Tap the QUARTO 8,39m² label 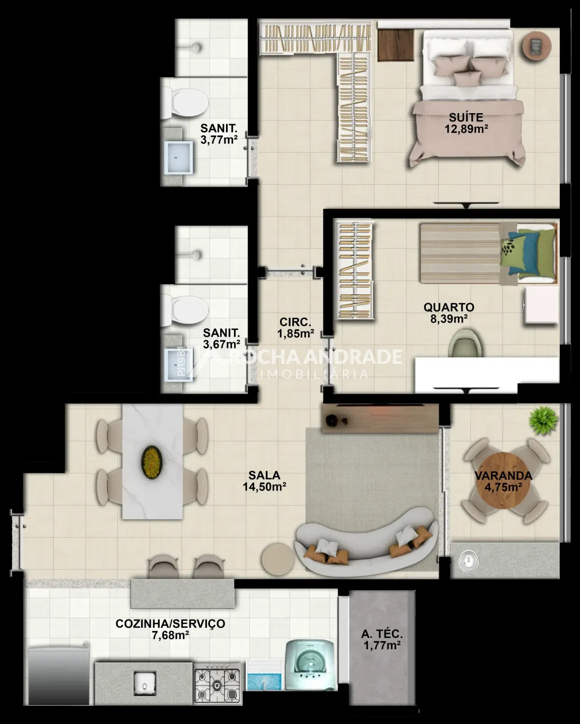449,313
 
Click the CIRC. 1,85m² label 295,328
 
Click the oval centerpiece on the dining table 152,462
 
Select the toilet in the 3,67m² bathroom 185,310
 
